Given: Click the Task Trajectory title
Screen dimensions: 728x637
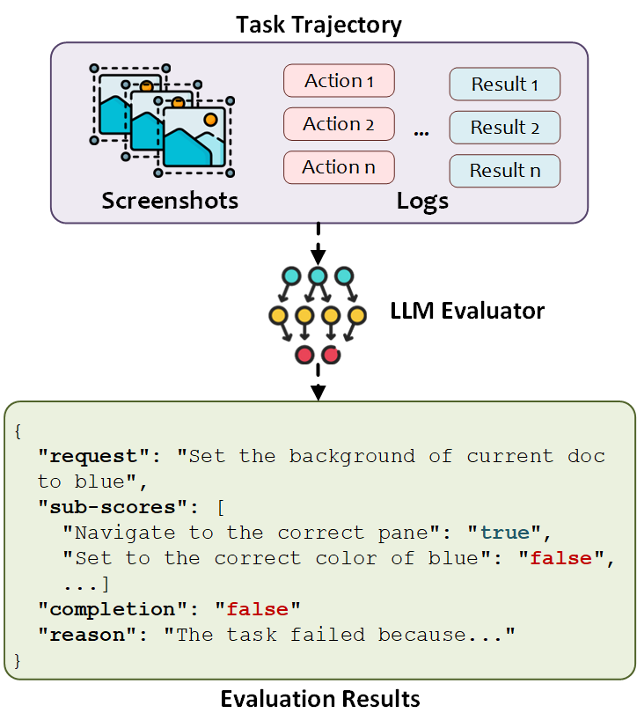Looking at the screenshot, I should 318,24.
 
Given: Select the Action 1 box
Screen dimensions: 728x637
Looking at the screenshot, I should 339,81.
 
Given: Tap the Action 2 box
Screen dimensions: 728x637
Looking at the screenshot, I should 339,124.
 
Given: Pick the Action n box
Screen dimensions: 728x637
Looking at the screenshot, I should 339,167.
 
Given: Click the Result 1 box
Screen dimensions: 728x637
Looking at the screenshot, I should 505,85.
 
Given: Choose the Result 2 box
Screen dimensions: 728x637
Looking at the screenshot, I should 505,128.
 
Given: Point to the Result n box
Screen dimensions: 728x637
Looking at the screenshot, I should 505,171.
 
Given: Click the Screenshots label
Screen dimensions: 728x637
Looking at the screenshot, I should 170,201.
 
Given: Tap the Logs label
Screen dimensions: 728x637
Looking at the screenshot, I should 422,201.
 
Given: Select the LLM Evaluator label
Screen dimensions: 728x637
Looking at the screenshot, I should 467,311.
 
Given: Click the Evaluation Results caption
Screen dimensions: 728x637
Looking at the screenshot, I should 319,699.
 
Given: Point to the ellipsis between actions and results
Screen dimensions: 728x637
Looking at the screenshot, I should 421,132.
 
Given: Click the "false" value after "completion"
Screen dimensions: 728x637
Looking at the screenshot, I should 263,609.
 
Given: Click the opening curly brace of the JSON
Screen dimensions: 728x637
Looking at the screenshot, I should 18,430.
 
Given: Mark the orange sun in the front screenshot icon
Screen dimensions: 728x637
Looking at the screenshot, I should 209,119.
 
